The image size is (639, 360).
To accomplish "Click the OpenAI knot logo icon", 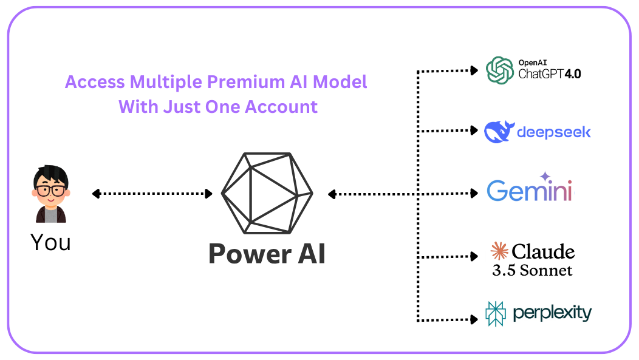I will (499, 70).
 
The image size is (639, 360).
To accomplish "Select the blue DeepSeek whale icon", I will (499, 131).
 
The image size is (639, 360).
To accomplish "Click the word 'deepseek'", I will (553, 132).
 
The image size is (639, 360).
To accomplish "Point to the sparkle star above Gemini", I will (545, 176).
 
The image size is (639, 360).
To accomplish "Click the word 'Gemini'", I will (529, 191).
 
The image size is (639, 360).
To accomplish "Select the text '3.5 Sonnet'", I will (532, 270).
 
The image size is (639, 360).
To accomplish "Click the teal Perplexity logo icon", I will (496, 314).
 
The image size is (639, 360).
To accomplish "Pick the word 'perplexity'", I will (552, 313).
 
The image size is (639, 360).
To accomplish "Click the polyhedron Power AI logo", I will (267, 193).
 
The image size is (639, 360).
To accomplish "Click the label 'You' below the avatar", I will (50, 242).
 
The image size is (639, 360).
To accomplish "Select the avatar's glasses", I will (50, 190).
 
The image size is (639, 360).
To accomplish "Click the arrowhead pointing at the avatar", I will (95, 194).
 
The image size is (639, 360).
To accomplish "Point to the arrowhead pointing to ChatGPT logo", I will (474, 71).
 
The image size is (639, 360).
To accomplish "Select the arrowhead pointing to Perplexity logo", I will (474, 318).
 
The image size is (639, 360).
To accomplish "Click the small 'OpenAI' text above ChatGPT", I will (533, 63).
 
